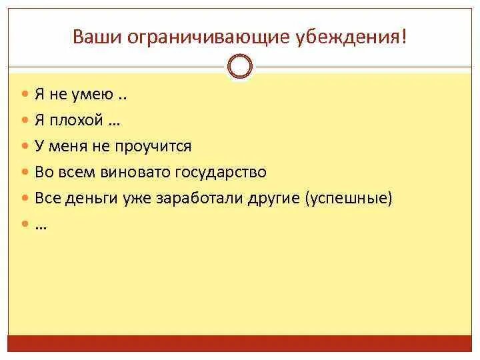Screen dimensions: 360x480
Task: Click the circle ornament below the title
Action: click(x=240, y=67)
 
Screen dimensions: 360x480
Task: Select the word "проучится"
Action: click(x=159, y=147)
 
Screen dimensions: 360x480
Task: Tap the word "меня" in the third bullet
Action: click(x=68, y=147)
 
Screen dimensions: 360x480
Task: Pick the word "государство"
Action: click(x=221, y=172)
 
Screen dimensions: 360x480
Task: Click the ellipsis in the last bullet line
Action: click(x=41, y=225)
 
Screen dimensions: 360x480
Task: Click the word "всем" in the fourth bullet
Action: click(x=77, y=172)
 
